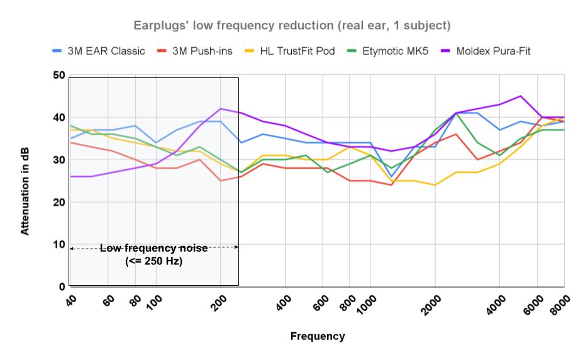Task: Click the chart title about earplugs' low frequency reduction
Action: (292, 26)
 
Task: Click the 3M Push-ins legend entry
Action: (202, 51)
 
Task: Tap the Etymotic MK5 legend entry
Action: (396, 51)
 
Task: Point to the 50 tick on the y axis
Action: (58, 76)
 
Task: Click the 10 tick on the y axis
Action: (58, 244)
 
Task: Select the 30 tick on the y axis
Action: (58, 160)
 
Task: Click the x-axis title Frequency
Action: (317, 336)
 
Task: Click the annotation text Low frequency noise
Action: (154, 249)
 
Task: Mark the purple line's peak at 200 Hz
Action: (220, 109)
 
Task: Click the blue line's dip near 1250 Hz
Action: (391, 177)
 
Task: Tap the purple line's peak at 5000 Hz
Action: (520, 96)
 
